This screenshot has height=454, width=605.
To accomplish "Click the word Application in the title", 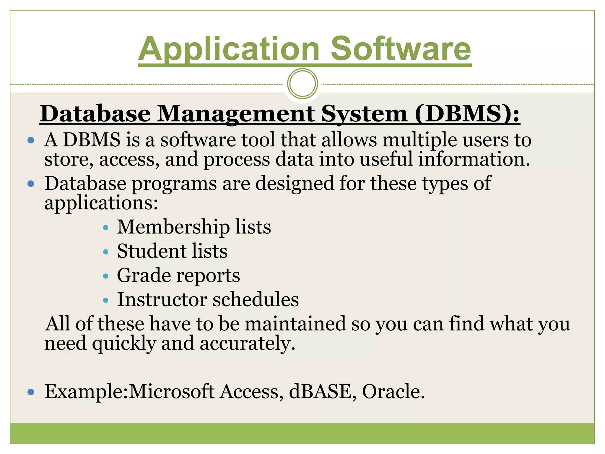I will pos(229,49).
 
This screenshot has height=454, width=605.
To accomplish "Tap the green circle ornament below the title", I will pos(302,84).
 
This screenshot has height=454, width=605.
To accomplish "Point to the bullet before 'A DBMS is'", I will pos(31,140).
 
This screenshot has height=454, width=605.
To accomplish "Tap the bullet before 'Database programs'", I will pos(31,184).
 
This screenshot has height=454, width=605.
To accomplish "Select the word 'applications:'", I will pos(101,203).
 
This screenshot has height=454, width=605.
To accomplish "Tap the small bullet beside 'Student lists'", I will pos(106,252).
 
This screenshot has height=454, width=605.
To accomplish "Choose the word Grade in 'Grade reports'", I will pos(144,275).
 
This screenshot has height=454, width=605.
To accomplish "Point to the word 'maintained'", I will pos(295,323).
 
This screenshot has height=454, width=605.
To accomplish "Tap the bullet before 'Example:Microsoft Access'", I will pos(31,392).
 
